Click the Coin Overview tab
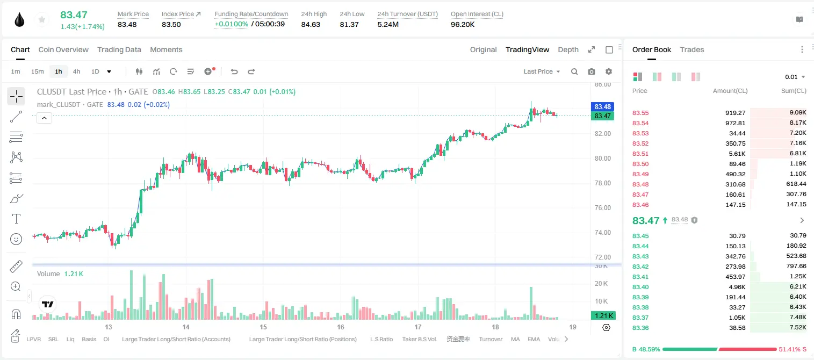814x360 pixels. click(x=63, y=49)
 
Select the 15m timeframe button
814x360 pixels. click(x=37, y=71)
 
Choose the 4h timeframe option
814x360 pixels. click(x=76, y=71)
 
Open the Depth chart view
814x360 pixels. click(x=568, y=49)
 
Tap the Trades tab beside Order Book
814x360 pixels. click(x=692, y=49)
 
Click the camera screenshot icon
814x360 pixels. click(x=592, y=71)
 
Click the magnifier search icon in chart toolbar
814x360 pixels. click(x=574, y=71)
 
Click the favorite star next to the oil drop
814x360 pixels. click(x=42, y=19)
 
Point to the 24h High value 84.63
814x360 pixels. click(x=311, y=24)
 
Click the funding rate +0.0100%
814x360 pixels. click(x=231, y=24)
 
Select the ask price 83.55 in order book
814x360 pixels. click(x=640, y=113)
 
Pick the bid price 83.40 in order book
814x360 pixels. click(x=640, y=287)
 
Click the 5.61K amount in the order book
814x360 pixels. click(x=737, y=154)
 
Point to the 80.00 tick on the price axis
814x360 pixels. click(x=603, y=159)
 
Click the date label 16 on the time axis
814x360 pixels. click(x=341, y=327)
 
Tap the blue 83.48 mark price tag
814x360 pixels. click(x=602, y=106)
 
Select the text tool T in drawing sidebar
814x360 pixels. click(x=16, y=219)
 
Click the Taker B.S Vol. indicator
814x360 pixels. click(x=419, y=339)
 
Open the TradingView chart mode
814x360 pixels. click(x=527, y=49)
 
